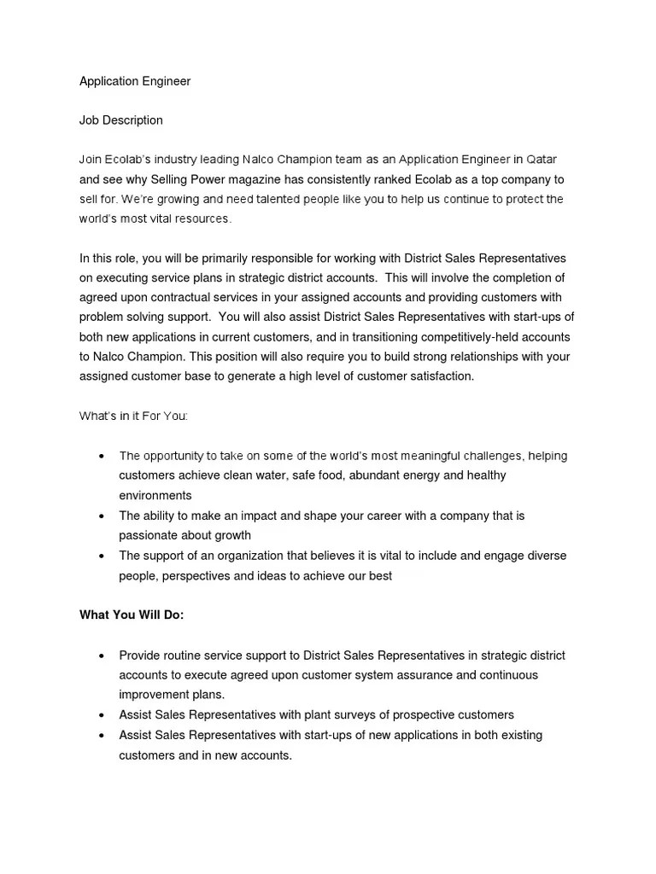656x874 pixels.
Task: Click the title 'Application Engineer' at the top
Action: (135, 81)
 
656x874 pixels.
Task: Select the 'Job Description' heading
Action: (120, 120)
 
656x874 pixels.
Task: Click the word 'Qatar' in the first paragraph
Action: (542, 160)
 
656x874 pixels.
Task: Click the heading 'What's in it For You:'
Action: (133, 416)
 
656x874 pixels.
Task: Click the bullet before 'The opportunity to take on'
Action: (102, 457)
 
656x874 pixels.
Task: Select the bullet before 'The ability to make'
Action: (102, 516)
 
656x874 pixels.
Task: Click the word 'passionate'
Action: (148, 535)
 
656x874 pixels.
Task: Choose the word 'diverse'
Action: (546, 556)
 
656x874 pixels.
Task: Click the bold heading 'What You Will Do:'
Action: (132, 615)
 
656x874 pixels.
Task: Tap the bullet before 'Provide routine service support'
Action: (102, 656)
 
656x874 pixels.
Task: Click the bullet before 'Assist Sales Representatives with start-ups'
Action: (102, 736)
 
